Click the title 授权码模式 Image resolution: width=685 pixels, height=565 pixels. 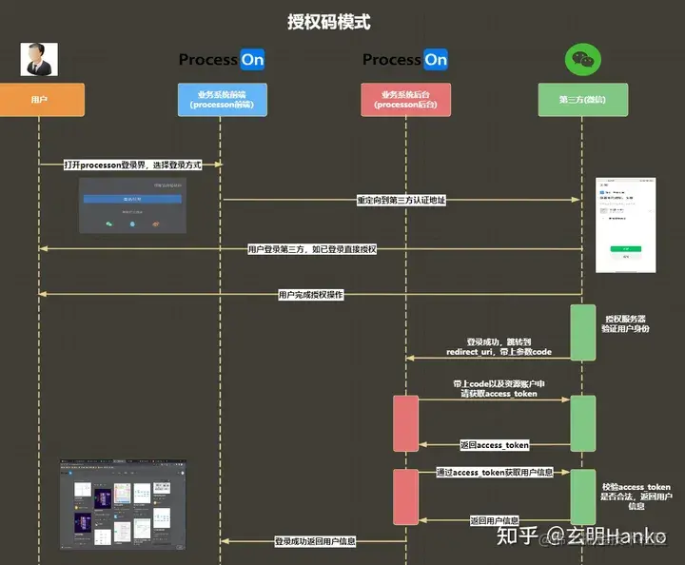pos(329,21)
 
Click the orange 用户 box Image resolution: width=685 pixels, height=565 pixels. pos(39,99)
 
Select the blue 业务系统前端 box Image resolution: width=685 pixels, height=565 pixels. pos(222,99)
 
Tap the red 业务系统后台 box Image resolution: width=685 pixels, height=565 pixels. pos(406,99)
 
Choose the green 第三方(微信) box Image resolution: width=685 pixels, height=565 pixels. pos(582,99)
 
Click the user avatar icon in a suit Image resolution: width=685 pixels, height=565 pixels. pos(39,59)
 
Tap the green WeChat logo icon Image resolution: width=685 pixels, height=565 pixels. pos(582,60)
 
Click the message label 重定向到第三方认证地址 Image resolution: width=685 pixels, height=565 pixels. pos(401,200)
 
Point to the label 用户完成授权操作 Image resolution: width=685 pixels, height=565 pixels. pos(310,295)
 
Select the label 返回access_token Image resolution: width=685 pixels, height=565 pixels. pos(494,444)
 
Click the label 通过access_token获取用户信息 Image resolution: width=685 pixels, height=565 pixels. pos(493,472)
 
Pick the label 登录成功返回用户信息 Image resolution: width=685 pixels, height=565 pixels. pos(315,541)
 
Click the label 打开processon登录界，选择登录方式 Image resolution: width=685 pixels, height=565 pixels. pos(133,165)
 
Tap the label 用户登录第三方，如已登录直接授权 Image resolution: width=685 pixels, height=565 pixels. pos(312,249)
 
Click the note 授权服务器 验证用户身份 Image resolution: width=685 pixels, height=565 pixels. pos(626,324)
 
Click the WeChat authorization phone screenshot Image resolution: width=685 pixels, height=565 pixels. pos(625,224)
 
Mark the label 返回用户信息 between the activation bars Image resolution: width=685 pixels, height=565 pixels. pos(495,520)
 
